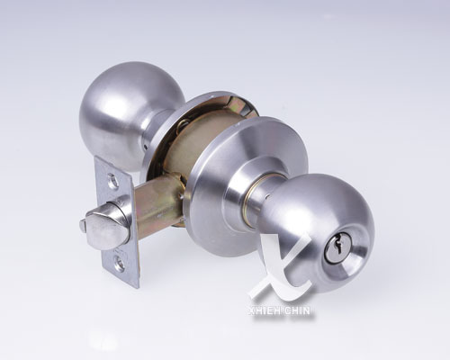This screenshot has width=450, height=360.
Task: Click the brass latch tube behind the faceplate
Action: pyautogui.click(x=157, y=202)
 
